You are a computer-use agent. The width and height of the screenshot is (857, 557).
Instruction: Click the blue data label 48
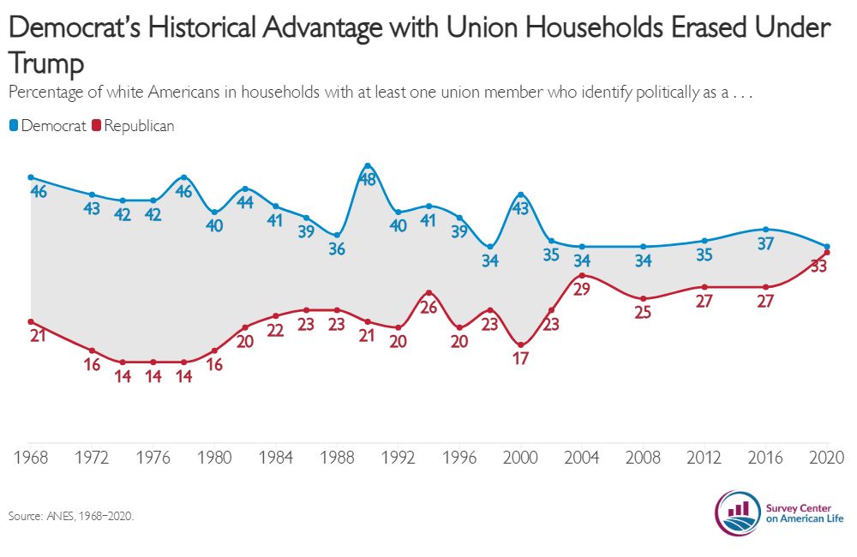(368, 180)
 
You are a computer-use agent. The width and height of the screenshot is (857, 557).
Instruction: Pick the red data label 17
(520, 358)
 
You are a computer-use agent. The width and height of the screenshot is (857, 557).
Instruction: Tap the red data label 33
(818, 267)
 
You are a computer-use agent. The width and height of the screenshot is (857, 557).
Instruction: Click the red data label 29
(582, 290)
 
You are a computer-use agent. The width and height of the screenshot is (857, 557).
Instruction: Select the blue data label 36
(337, 249)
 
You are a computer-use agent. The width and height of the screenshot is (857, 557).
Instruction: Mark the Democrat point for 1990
(368, 165)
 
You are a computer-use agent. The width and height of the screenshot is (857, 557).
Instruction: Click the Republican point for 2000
(520, 344)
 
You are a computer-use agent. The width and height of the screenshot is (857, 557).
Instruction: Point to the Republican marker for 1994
(428, 293)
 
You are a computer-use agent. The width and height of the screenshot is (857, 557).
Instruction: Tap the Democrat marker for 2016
(765, 229)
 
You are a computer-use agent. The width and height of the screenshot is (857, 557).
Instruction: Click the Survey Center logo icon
(738, 512)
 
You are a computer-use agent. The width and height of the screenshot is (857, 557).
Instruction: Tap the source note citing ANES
(71, 517)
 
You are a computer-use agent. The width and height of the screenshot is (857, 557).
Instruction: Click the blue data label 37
(765, 243)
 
